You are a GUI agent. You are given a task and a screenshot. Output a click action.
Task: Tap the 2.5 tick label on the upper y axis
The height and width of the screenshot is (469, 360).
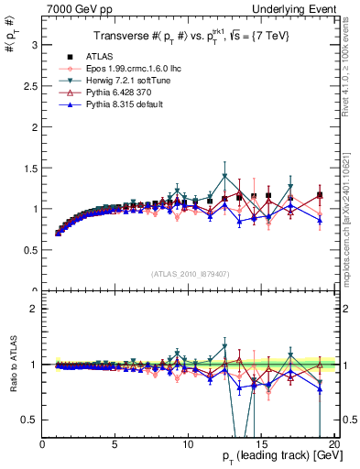point(30,85)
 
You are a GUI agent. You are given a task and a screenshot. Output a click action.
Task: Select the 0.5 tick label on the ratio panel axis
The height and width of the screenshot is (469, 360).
point(30,420)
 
